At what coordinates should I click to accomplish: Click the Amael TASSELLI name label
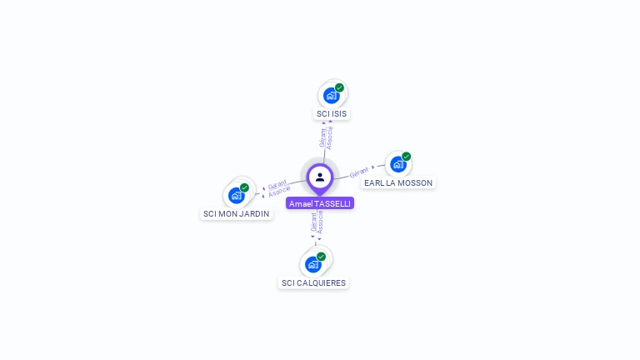pos(320,203)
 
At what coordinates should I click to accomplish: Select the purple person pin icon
pos(320,177)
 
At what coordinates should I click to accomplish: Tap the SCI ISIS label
pos(332,113)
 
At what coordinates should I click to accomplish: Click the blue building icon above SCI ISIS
pos(331,95)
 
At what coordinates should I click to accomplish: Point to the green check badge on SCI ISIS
pos(339,87)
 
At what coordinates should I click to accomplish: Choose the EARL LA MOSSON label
pos(398,182)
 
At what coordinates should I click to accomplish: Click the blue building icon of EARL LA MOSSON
pos(397,164)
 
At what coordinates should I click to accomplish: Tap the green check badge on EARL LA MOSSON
pos(406,157)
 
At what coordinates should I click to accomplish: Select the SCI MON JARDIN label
pos(237,213)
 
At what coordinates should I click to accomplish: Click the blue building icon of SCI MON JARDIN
pos(237,196)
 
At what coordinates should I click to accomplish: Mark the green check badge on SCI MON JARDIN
pos(244,187)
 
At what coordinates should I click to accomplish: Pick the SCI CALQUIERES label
pos(313,282)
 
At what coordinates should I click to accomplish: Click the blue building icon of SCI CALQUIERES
pos(312,265)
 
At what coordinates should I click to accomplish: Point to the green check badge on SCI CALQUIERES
pos(321,257)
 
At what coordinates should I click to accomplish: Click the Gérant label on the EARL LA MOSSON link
pos(359,172)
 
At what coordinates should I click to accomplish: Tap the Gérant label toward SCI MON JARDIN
pos(277,184)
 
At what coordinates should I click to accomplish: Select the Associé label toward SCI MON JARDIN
pos(280,192)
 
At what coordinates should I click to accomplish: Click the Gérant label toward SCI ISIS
pos(323,137)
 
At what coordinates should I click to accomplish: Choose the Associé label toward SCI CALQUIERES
pos(321,222)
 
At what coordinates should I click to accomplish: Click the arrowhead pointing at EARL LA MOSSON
pos(372,167)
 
